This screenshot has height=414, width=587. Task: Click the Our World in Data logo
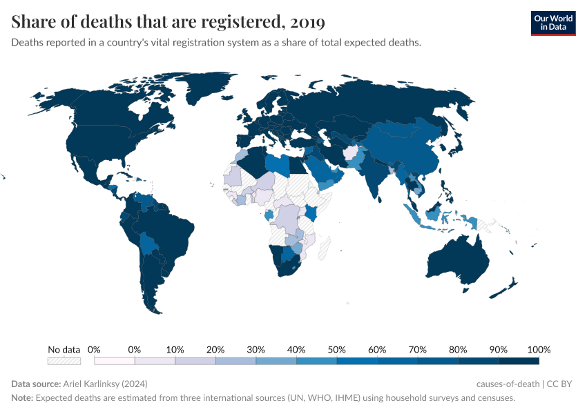[552, 23]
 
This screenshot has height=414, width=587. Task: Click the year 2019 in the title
[307, 23]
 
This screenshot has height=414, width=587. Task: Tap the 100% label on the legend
[539, 349]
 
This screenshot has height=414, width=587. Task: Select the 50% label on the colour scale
[336, 349]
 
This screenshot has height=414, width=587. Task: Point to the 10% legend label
[175, 349]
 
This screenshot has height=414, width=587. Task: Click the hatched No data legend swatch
[64, 360]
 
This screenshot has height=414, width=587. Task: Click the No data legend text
[64, 349]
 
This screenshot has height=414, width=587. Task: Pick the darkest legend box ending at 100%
[519, 360]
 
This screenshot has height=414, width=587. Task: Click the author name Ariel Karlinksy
[105, 384]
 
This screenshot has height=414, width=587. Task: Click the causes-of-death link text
[508, 384]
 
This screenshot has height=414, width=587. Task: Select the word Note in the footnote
[21, 397]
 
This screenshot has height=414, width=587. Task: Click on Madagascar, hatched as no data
[324, 246]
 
